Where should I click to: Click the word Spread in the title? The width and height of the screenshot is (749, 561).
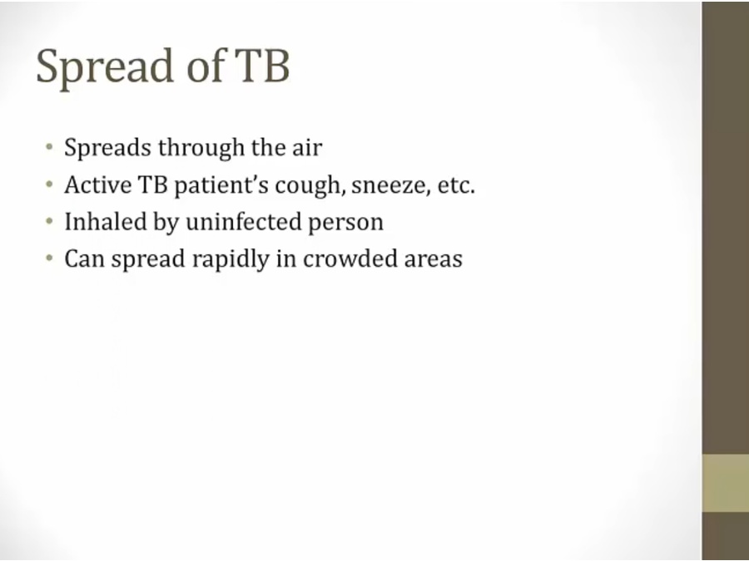pos(105,66)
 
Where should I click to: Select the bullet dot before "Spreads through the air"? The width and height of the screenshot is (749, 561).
pos(49,146)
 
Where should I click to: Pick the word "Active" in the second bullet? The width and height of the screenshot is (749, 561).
pos(98,185)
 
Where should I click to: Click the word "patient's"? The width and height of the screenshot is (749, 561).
pos(221,186)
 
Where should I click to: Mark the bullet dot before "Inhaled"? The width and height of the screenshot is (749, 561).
pos(49,221)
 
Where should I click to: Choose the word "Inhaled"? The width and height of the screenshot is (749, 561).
pos(105,221)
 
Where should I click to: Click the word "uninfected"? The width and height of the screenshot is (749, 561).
pos(244,222)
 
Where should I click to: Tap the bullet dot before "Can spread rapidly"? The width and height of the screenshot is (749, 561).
pos(49,258)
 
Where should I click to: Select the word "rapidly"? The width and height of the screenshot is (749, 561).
pos(231,259)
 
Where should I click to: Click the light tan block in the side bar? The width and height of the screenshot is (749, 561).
pos(725,483)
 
